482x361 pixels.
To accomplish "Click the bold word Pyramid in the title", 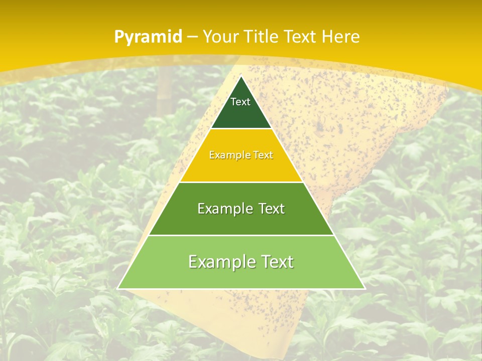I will (148, 37).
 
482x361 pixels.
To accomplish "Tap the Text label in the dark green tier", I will (240, 102).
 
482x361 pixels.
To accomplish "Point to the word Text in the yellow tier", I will (263, 155).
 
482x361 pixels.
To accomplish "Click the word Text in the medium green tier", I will (272, 209).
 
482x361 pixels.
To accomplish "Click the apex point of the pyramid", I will (241, 76).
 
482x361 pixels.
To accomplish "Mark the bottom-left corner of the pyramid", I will (118, 288).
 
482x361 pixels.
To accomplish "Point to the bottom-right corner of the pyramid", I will (365, 288).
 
